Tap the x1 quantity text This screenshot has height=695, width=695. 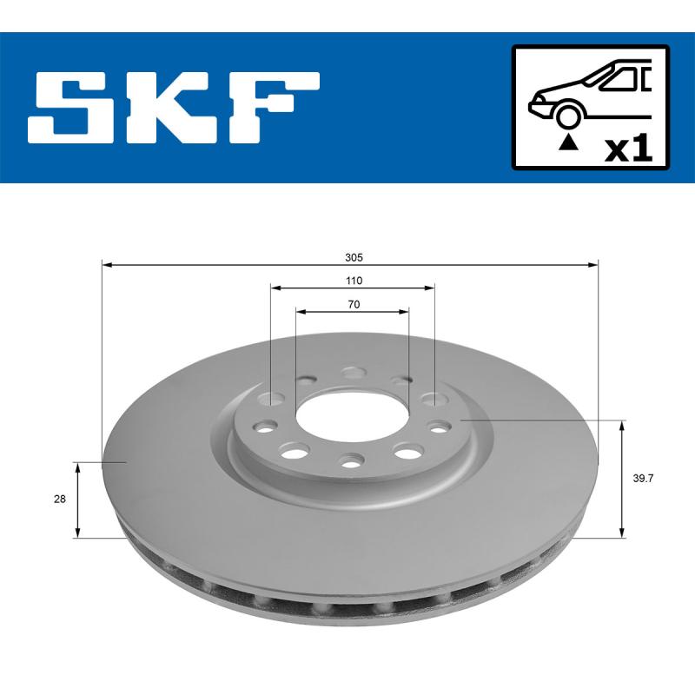[x=628, y=149]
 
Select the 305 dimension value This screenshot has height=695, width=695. [x=352, y=258]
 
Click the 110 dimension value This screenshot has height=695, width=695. [x=353, y=281]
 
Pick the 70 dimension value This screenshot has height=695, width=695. [x=353, y=304]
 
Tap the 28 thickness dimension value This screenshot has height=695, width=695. [x=60, y=500]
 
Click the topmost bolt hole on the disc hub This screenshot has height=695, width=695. [x=352, y=373]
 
